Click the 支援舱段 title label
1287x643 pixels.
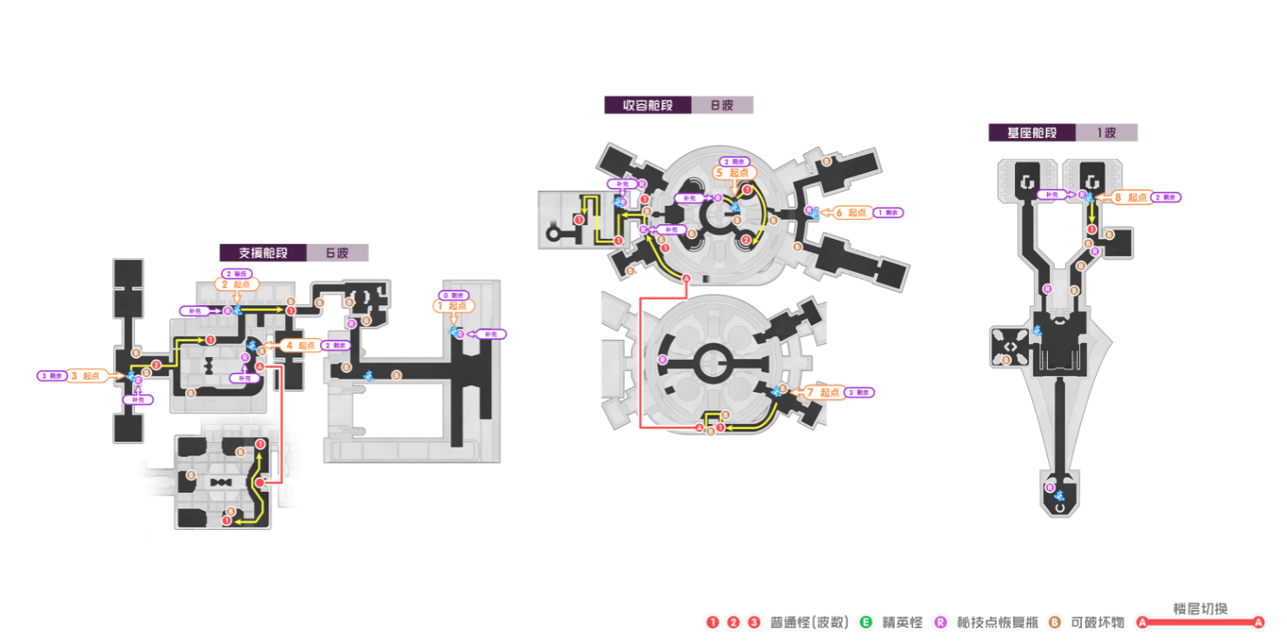[263, 253]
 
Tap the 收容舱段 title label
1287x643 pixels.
[647, 105]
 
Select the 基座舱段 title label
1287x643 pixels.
[1032, 133]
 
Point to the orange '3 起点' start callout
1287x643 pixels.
[86, 376]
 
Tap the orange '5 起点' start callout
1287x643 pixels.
[734, 173]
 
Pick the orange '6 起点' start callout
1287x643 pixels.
[852, 212]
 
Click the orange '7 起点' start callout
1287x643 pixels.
[824, 393]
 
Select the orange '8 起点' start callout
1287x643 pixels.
[1131, 197]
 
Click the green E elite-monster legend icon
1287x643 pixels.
[866, 622]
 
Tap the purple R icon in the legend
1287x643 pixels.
[940, 622]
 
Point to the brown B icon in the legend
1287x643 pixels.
[1055, 622]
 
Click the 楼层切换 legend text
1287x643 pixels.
[1201, 608]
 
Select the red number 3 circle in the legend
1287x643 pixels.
[754, 622]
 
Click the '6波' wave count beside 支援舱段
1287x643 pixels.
[337, 253]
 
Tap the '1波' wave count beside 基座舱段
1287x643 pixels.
[1106, 133]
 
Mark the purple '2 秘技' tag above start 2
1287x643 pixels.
[237, 274]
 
